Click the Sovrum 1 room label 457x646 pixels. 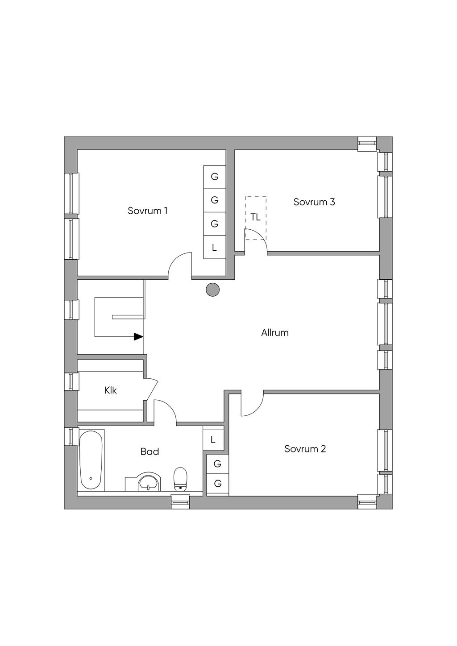pyautogui.click(x=147, y=211)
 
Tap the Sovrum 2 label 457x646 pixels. pyautogui.click(x=305, y=449)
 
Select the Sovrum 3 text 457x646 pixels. pyautogui.click(x=314, y=202)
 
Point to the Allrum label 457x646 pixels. pyautogui.click(x=274, y=333)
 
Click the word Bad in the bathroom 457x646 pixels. pyautogui.click(x=150, y=452)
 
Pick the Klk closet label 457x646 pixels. pyautogui.click(x=110, y=390)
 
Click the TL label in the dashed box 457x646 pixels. pyautogui.click(x=255, y=218)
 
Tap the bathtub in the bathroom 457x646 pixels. pyautogui.click(x=91, y=460)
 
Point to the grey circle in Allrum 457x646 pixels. pyautogui.click(x=213, y=290)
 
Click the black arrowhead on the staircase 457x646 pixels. pyautogui.click(x=138, y=337)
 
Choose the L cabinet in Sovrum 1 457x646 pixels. pyautogui.click(x=214, y=247)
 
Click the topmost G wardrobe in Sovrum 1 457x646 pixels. pyautogui.click(x=214, y=177)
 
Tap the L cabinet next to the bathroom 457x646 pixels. pyautogui.click(x=213, y=440)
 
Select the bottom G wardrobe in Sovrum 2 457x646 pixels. pyautogui.click(x=217, y=484)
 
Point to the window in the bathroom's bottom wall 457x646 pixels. pyautogui.click(x=181, y=502)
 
